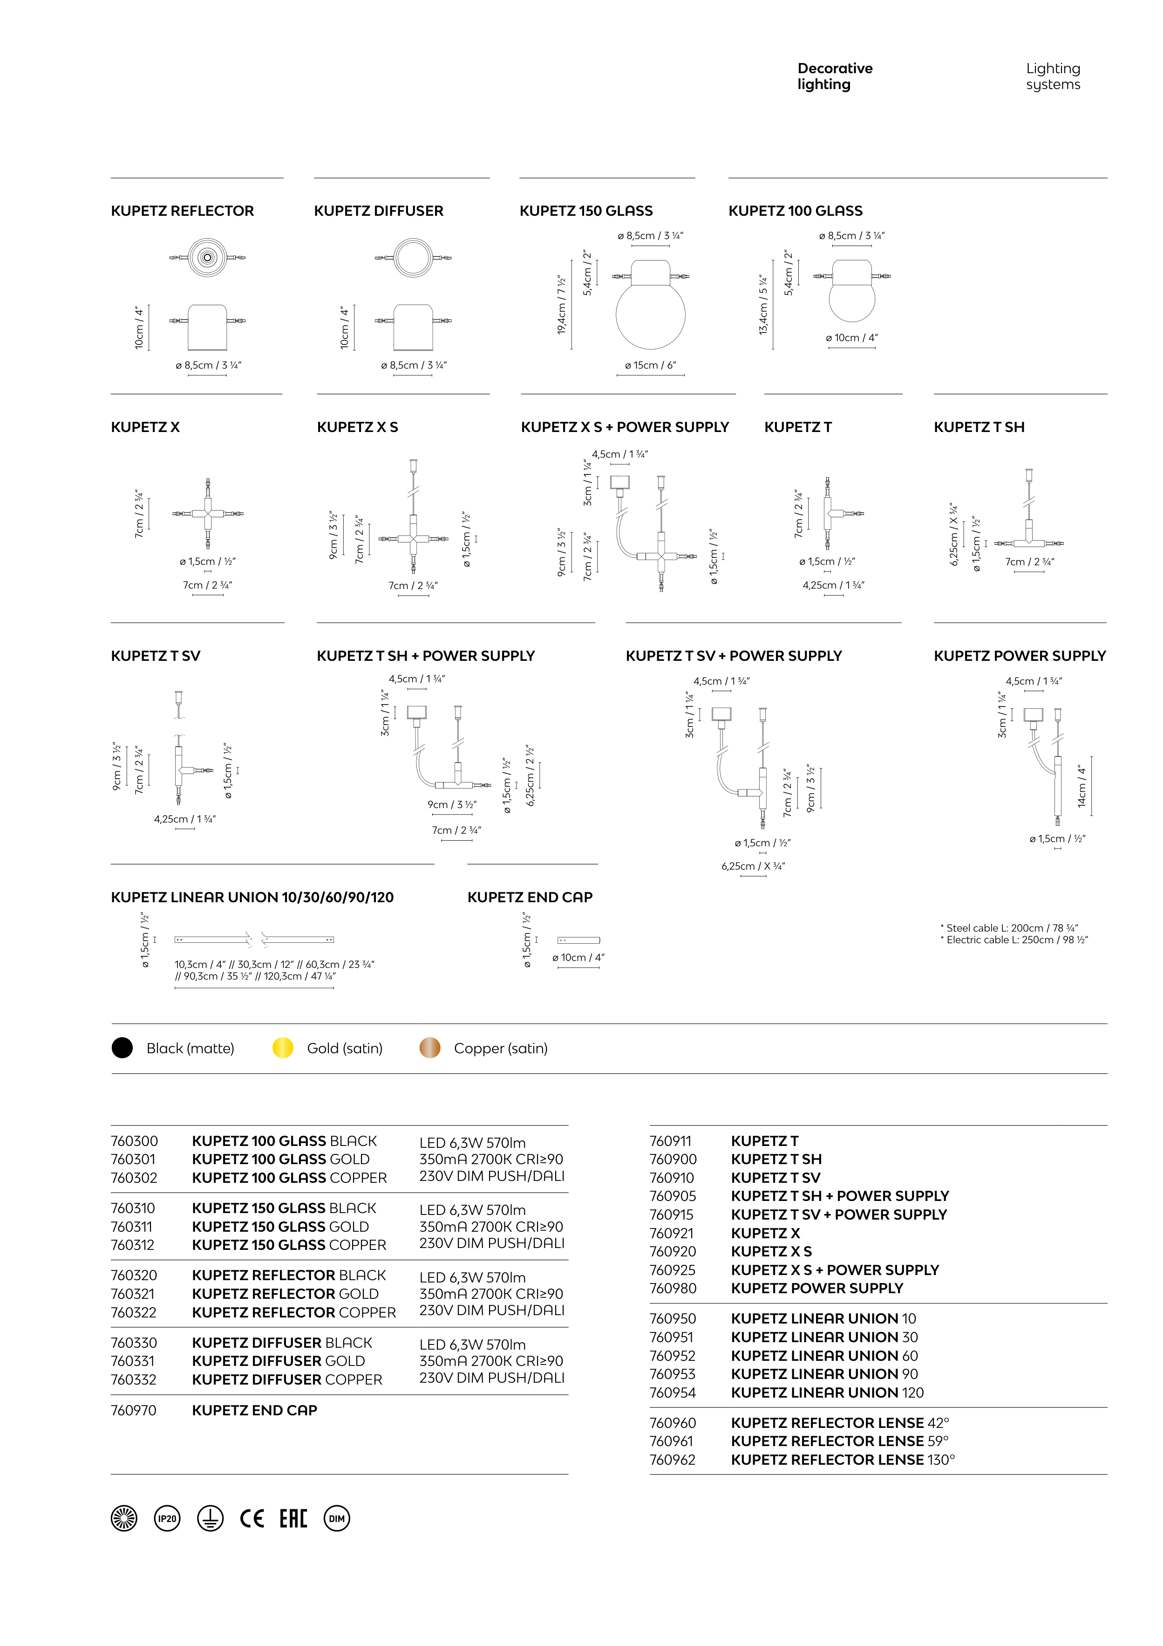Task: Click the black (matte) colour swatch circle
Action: pos(122,1048)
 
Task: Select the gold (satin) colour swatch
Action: pos(283,1048)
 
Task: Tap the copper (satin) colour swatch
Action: pos(430,1048)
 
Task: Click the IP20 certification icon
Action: pos(167,1518)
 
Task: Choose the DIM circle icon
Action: pos(337,1518)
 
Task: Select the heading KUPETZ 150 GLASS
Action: pos(586,211)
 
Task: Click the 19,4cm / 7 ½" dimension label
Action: pos(562,305)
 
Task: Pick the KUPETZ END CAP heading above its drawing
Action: pos(530,897)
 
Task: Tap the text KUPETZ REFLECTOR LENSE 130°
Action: pos(843,1460)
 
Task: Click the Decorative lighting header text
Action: pos(835,76)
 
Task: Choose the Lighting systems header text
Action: pos(1053,76)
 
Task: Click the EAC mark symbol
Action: pos(293,1518)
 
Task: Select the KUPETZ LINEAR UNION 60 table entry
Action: pos(824,1356)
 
